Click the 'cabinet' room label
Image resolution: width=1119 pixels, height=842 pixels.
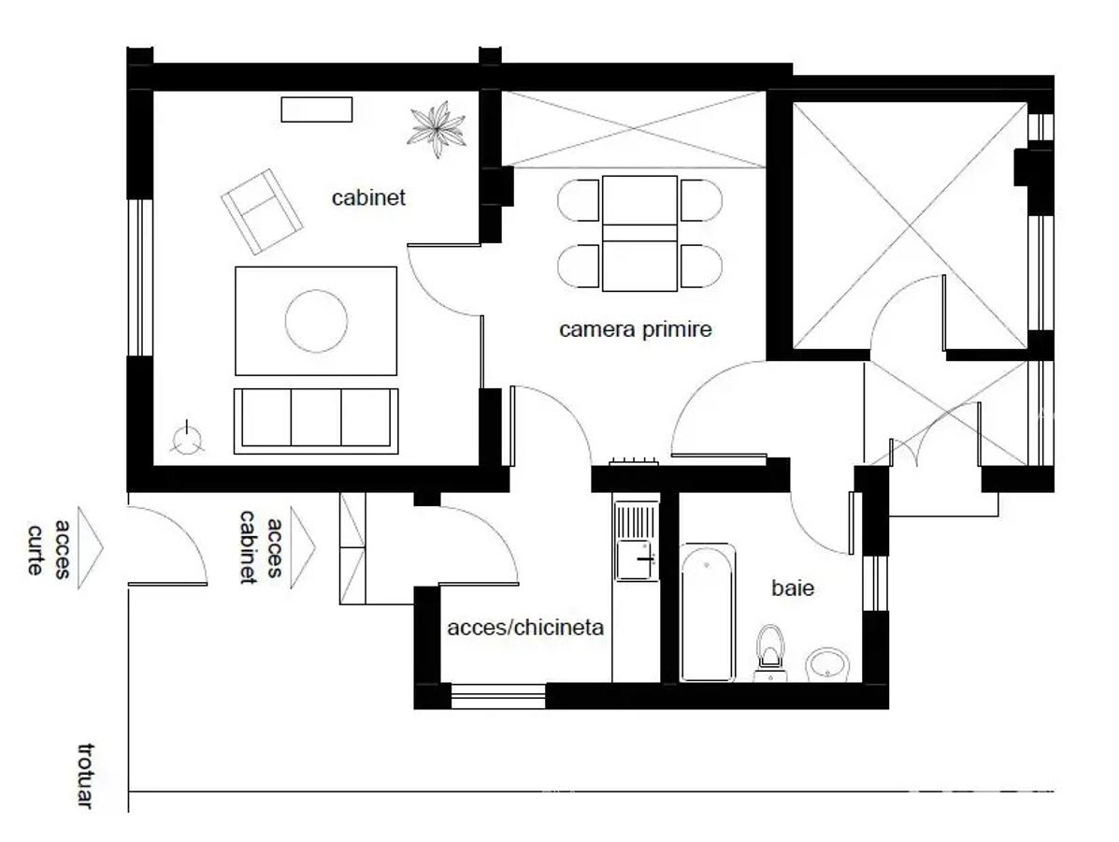[368, 197]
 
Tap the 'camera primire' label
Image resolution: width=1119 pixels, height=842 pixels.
[635, 329]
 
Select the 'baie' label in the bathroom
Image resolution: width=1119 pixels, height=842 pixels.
[793, 588]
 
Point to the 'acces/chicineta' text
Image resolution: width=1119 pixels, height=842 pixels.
[525, 627]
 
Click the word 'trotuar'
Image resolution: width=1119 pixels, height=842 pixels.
[85, 777]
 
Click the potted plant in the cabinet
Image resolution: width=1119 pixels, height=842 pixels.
[437, 128]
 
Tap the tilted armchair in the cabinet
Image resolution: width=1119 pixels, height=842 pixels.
[261, 211]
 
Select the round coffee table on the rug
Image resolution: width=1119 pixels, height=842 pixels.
[316, 321]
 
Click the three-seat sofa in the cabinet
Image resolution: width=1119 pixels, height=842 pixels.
[316, 421]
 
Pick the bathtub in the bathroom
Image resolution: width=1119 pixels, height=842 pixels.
[708, 613]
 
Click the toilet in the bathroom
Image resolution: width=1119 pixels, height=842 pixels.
[770, 653]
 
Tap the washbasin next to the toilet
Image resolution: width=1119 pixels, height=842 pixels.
[827, 665]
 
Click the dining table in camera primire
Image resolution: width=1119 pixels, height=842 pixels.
[639, 234]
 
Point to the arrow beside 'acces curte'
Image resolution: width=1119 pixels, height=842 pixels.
[90, 548]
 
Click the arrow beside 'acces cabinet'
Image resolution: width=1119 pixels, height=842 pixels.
[303, 547]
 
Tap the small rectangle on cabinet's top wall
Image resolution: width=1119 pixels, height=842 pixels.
[316, 109]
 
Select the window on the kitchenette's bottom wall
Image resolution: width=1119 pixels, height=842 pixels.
[498, 696]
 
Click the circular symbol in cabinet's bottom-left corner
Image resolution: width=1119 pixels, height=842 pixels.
[187, 439]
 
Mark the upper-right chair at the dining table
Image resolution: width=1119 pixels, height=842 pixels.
[701, 200]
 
